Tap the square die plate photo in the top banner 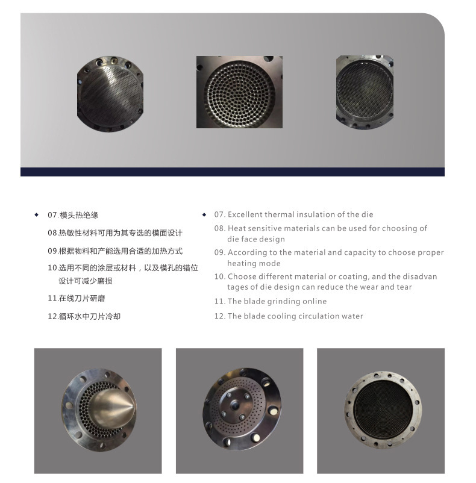pos(239,92)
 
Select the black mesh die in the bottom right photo pos(383,410)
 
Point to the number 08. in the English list pos(220,228)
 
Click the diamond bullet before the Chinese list pos(36,215)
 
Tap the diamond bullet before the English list pos(204,214)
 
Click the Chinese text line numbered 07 pos(73,215)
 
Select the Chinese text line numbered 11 pos(77,298)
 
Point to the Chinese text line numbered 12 pos(84,316)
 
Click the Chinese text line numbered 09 pos(115,251)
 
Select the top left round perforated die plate pos(110,94)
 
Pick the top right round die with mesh pos(365,92)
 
